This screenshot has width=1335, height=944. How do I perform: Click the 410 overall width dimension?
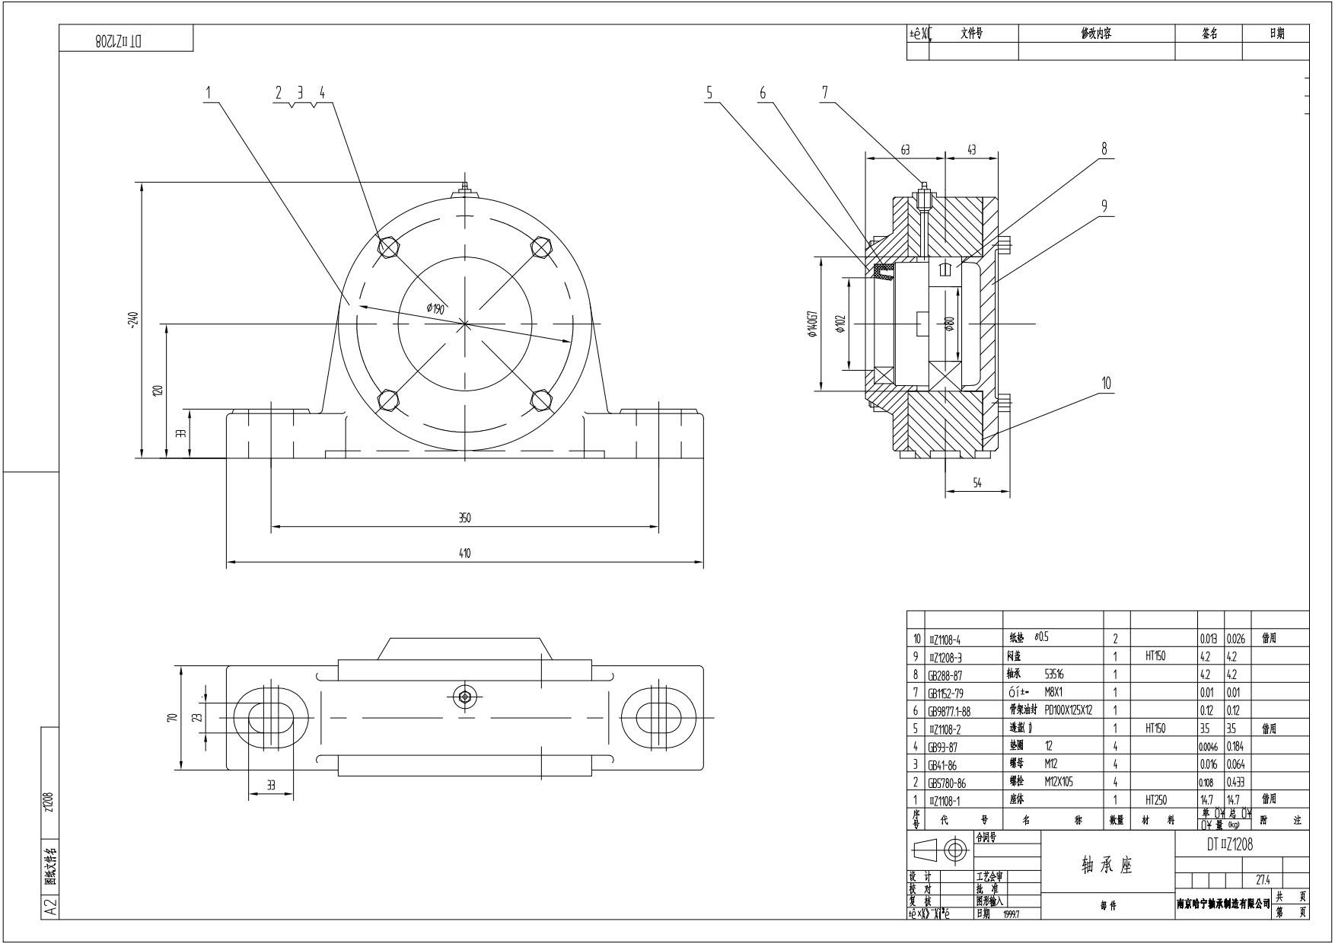click(464, 553)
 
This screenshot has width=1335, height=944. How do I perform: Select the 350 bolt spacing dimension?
click(464, 518)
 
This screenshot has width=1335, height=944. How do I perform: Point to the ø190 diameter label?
click(435, 308)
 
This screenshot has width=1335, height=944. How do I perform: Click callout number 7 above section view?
click(824, 92)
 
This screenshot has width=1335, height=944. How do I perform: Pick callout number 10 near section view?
click(1106, 383)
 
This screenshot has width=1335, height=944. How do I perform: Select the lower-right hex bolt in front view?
click(541, 399)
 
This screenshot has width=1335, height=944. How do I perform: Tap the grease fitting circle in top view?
click(464, 696)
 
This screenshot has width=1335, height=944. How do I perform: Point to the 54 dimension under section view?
click(977, 483)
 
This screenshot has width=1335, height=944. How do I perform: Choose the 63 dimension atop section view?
click(905, 151)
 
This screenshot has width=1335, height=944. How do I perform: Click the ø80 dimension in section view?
click(949, 324)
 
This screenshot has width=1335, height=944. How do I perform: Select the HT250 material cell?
click(1155, 800)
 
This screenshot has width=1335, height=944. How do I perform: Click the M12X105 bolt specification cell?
click(1059, 782)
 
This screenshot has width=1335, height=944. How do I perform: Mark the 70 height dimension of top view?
click(173, 718)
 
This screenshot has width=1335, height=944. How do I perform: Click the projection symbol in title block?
click(940, 850)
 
